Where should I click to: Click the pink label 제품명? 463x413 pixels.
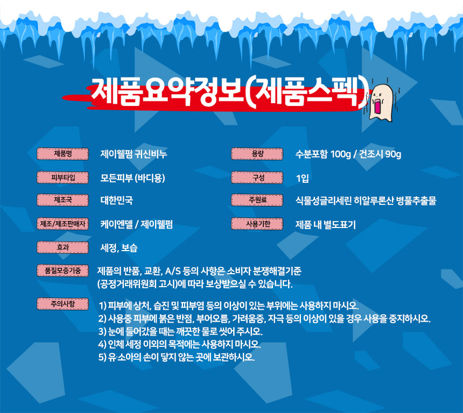click(x=62, y=154)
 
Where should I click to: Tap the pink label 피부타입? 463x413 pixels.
click(x=62, y=177)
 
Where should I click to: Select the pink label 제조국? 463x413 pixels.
click(x=62, y=200)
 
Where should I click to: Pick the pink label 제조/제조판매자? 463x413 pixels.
click(x=62, y=224)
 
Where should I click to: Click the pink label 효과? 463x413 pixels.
click(x=62, y=247)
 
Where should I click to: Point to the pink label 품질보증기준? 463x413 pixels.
click(x=62, y=270)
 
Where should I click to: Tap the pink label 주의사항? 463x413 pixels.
click(x=62, y=304)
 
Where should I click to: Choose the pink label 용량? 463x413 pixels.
click(x=257, y=154)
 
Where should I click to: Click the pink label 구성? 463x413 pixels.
click(x=257, y=177)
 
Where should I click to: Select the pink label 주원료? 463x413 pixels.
click(x=257, y=200)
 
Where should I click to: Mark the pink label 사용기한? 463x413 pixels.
click(x=257, y=224)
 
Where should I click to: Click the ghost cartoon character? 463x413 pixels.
click(x=382, y=102)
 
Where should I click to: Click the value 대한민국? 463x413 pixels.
click(x=117, y=201)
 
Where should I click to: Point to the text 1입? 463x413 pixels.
click(x=303, y=178)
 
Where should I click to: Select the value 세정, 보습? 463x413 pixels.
click(x=119, y=248)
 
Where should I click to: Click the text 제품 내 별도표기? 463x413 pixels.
click(x=326, y=225)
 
